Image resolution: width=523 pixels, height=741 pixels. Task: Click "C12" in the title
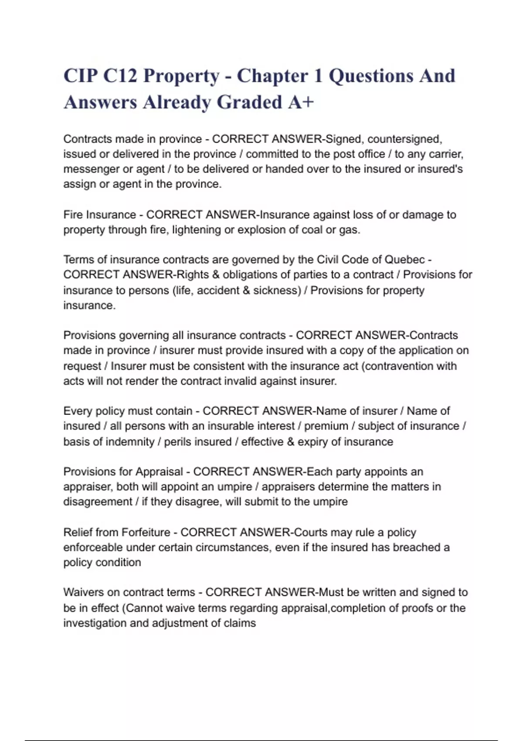(x=119, y=76)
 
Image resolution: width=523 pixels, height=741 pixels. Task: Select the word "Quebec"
(x=404, y=260)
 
